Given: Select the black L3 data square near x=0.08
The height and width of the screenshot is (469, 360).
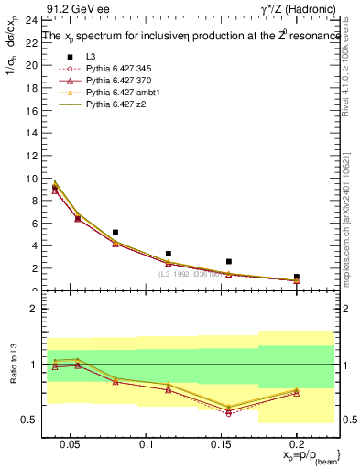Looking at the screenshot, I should (x=115, y=233).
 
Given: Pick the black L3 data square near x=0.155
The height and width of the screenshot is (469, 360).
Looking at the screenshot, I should (x=229, y=261).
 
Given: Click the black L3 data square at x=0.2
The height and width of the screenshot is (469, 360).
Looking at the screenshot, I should (x=296, y=277).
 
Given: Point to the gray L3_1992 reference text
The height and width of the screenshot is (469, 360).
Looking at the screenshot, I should (x=192, y=273).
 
